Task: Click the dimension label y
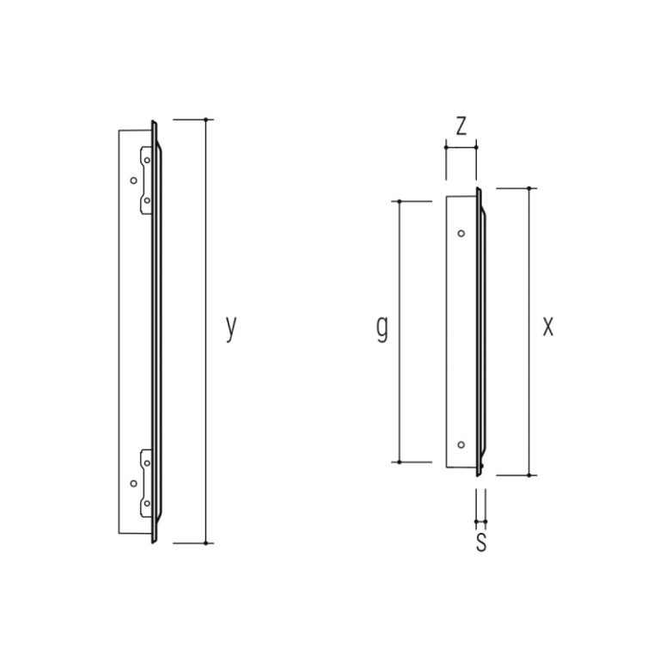231,328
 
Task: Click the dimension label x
548,327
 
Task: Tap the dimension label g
382,329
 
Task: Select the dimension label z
461,125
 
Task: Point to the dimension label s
481,542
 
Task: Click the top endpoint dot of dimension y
206,120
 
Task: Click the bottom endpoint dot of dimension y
206,543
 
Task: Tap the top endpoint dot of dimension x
529,188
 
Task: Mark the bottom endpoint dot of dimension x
529,475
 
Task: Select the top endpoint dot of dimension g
399,202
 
